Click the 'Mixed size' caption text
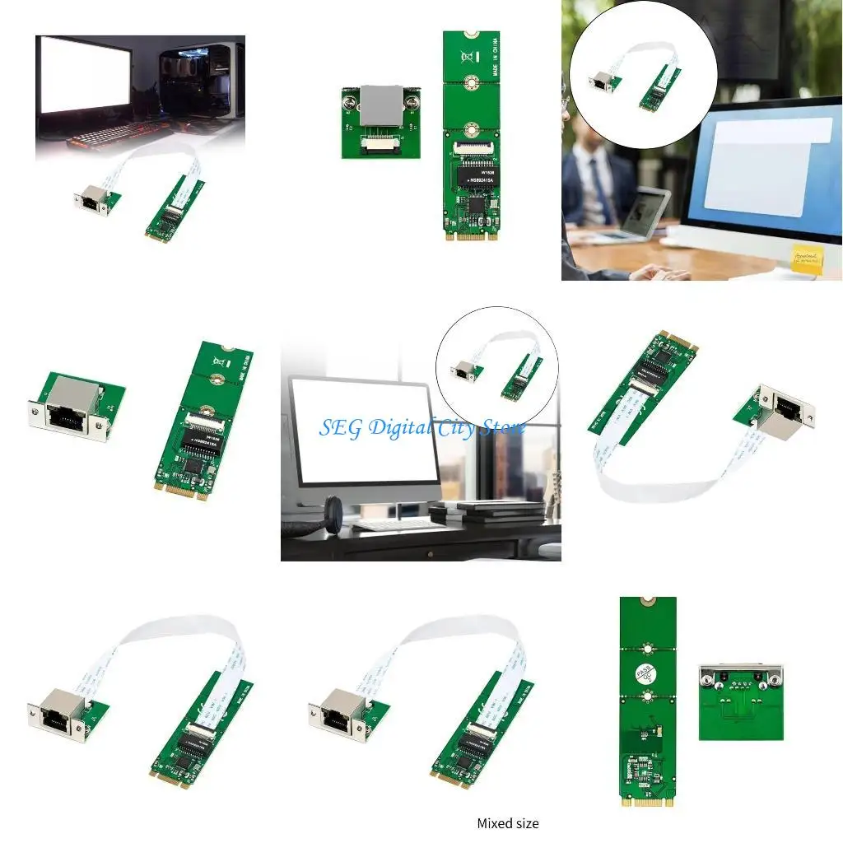click(508, 823)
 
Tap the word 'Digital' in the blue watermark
click(399, 427)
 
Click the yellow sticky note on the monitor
click(807, 258)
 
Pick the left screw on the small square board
click(351, 101)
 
